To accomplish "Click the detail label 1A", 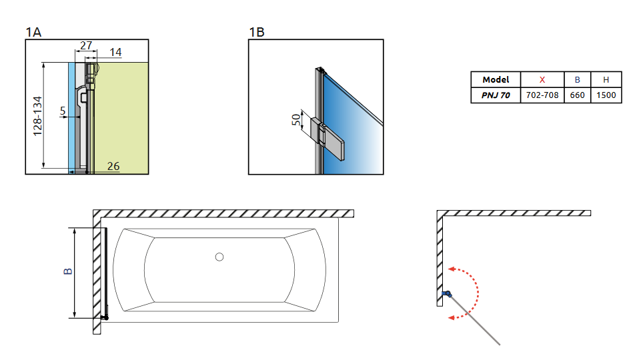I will [x=34, y=32].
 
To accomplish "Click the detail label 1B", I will [x=257, y=32].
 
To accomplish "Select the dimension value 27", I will [x=86, y=45].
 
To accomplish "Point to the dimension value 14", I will [x=115, y=52].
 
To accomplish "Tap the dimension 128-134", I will [x=37, y=116].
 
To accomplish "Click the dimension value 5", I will [x=63, y=112].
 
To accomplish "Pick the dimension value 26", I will [x=113, y=165].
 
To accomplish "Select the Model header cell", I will [x=496, y=79].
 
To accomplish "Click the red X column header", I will [x=542, y=79].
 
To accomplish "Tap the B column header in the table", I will [x=577, y=79].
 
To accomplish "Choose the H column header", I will [x=606, y=79].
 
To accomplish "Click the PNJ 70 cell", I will [x=496, y=95].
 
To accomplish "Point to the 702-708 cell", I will [x=542, y=95].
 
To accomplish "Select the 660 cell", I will [x=577, y=95].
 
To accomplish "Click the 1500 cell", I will [x=606, y=95].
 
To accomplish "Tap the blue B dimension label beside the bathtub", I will [x=67, y=272].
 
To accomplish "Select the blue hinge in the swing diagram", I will [x=446, y=293].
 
